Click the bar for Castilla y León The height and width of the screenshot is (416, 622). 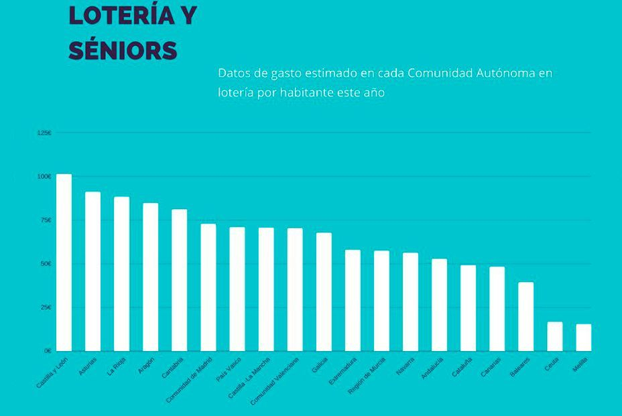(64, 262)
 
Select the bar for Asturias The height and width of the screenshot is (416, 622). (92, 271)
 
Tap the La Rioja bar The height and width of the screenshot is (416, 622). (121, 273)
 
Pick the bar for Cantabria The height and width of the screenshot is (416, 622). (179, 280)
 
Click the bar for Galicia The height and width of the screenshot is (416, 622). (324, 291)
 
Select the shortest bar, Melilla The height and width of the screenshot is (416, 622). (583, 338)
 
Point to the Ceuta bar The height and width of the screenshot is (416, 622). (554, 336)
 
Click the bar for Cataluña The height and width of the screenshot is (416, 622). (468, 308)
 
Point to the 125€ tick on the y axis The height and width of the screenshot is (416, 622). (44, 133)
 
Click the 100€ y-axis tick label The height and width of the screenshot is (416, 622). (44, 177)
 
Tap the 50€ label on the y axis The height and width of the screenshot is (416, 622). (46, 264)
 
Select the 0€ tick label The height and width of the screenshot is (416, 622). (48, 350)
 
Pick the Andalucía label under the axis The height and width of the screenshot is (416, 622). (432, 368)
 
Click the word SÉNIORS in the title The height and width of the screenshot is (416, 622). (123, 51)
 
